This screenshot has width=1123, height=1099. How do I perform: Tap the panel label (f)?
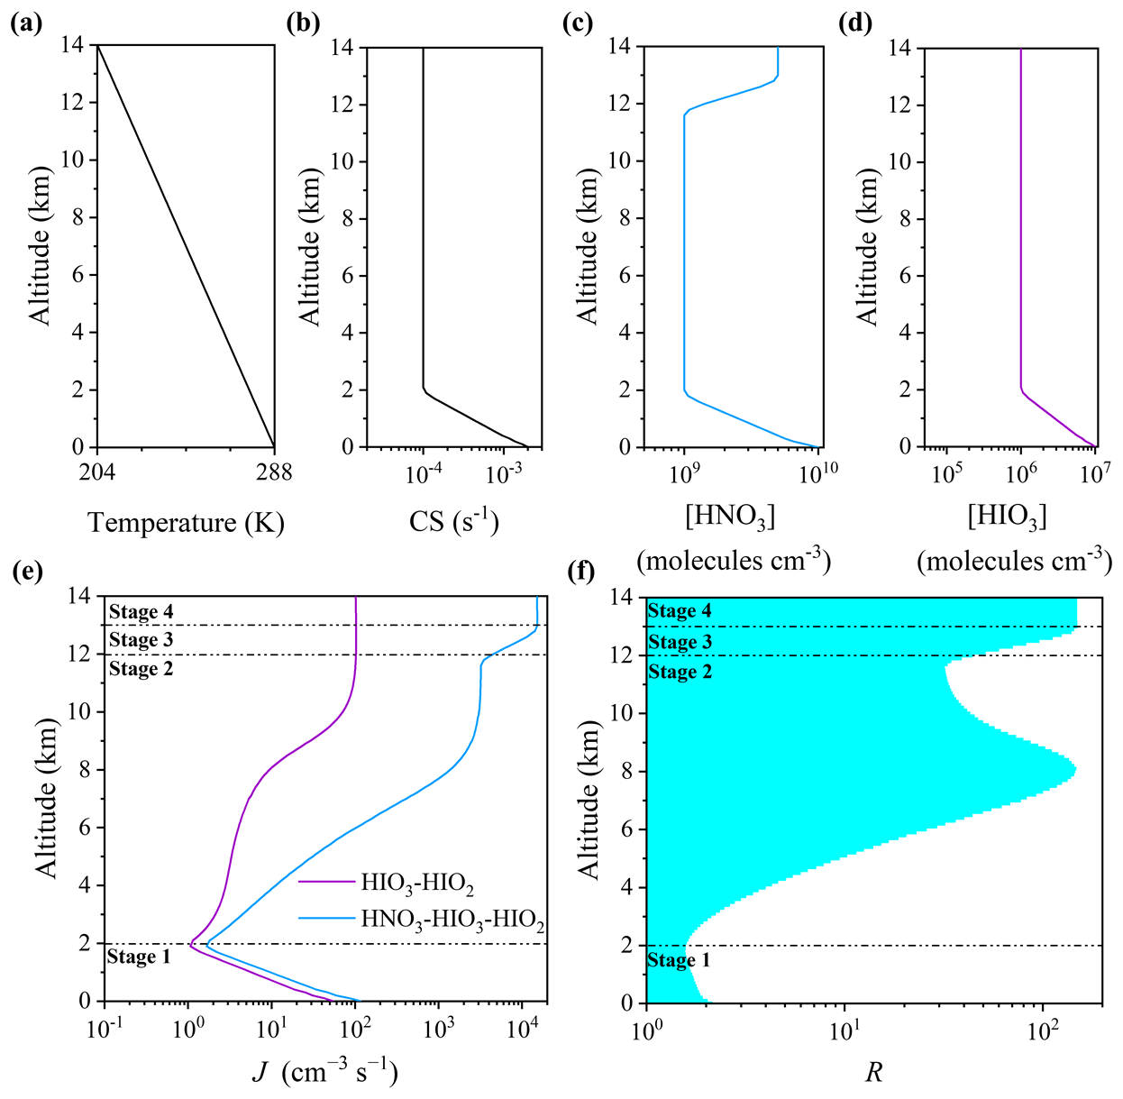[581, 572]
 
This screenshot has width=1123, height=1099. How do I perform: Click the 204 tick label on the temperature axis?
[97, 472]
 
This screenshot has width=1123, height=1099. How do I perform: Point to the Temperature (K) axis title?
[186, 523]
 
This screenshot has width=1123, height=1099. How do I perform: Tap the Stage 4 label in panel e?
[142, 611]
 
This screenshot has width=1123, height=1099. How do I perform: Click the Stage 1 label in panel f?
[679, 960]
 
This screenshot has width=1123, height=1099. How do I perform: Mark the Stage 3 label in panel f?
[680, 641]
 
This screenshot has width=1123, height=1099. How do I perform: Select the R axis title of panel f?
[874, 1073]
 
